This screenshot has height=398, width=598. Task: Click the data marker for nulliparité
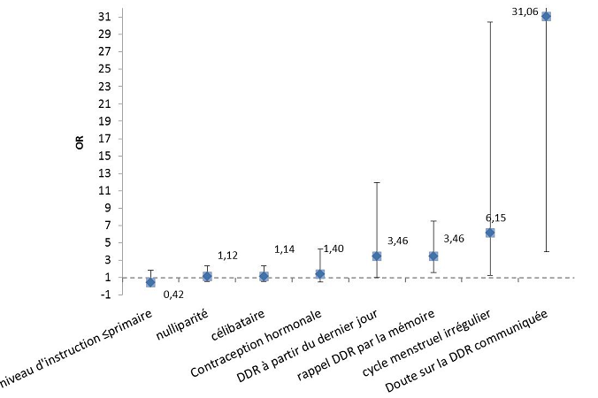click(207, 276)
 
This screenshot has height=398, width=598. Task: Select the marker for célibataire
click(264, 276)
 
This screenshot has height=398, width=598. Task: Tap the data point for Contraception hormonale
click(320, 274)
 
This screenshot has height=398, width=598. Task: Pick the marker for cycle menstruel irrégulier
click(490, 233)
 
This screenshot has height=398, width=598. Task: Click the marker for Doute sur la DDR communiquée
click(546, 16)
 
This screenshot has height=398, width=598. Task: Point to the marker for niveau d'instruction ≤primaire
click(150, 282)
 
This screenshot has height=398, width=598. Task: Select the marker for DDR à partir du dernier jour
click(377, 256)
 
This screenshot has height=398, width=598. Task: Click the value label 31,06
click(525, 11)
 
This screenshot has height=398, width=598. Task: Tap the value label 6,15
click(495, 218)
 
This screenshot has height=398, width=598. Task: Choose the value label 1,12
click(227, 256)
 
